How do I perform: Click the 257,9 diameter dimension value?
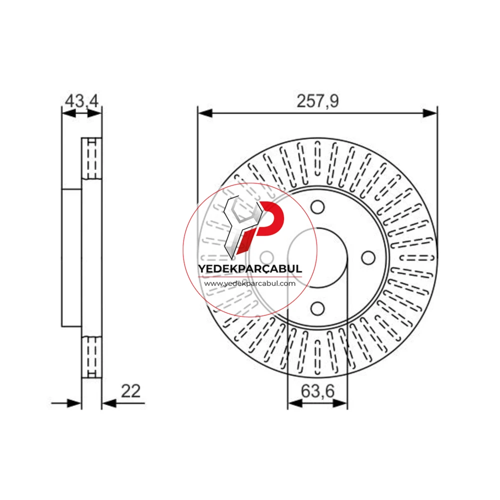coord(317,101)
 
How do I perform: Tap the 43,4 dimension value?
coord(82,101)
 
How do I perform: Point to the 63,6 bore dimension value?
coord(317,391)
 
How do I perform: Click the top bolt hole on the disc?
coord(317,207)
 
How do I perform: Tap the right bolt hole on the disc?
coord(368,257)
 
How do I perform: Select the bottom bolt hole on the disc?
coord(317,308)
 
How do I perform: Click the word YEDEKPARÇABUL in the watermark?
coord(250,268)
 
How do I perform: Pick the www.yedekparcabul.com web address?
coord(250,283)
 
